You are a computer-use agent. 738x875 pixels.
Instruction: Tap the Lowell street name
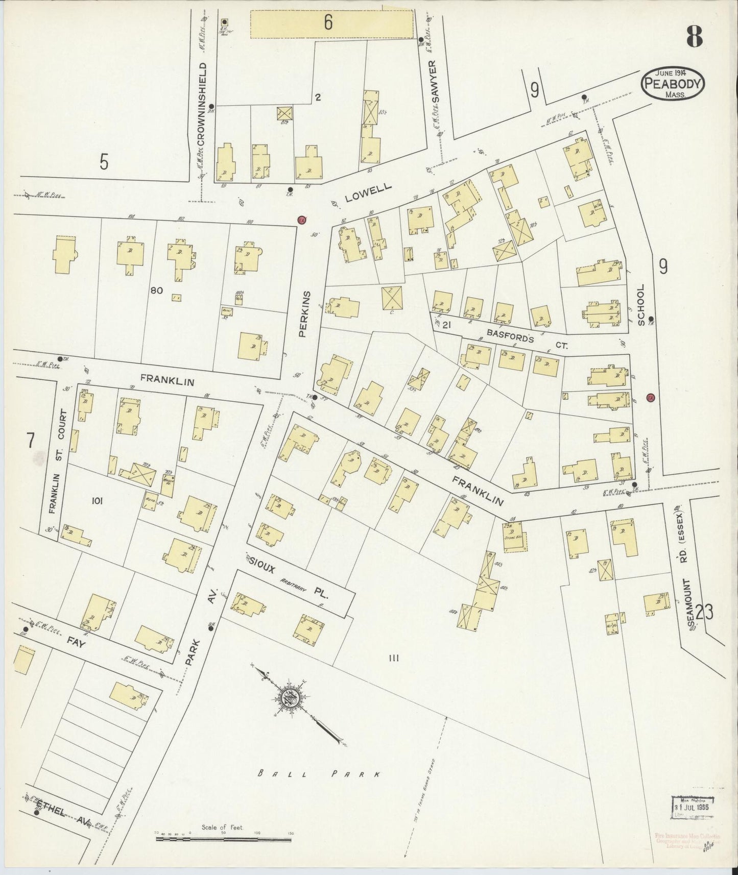click(x=368, y=193)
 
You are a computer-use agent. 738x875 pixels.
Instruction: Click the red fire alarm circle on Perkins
click(x=302, y=219)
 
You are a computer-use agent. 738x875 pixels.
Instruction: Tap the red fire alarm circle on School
click(x=650, y=398)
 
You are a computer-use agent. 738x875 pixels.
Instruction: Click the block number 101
click(x=97, y=501)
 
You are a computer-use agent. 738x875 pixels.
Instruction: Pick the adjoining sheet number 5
click(x=104, y=162)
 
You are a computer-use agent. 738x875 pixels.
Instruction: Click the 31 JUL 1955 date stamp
click(x=693, y=808)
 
